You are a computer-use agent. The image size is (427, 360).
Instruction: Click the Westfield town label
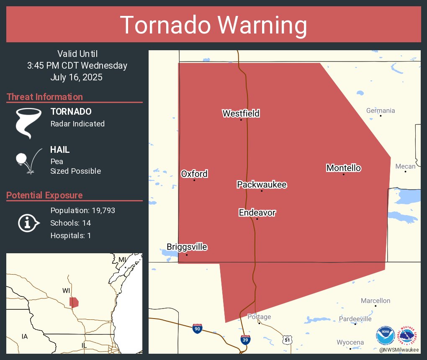[241, 113]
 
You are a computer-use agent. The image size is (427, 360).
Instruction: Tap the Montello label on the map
[343, 168]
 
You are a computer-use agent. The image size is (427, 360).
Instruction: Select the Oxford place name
[194, 174]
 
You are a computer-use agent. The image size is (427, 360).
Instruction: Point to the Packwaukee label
[262, 185]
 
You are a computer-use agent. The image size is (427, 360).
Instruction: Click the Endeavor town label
[257, 213]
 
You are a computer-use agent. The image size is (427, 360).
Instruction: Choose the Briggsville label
[187, 247]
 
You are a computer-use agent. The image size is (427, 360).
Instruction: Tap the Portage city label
[259, 316]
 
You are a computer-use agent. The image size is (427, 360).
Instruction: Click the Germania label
[380, 111]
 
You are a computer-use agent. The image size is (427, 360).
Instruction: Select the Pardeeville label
[355, 319]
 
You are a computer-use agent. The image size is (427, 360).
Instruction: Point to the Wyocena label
[350, 342]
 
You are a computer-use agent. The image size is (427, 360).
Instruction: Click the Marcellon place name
[376, 301]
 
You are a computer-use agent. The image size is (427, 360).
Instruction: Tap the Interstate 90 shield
[197, 328]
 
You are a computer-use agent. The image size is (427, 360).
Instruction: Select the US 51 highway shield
[286, 339]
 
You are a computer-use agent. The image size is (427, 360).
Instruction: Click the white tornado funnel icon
[28, 123]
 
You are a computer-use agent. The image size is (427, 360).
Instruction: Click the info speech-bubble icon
[28, 223]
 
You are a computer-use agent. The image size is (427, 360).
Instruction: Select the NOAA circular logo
[385, 335]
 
